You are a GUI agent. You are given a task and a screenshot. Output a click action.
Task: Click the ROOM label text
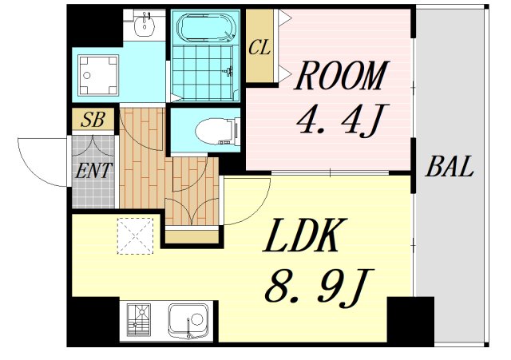pos(341,77)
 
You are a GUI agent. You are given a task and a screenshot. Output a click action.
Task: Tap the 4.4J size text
pos(340,120)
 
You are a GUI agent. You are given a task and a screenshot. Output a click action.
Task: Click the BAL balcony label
pos(450,168)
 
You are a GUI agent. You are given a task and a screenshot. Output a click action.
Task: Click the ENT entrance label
pos(94,170)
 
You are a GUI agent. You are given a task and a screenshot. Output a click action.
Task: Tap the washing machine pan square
pos(98,75)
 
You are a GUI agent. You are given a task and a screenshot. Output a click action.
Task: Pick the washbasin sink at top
pos(145,26)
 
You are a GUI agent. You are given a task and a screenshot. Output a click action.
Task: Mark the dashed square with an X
pos(133,235)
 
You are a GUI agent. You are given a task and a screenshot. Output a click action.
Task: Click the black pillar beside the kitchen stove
pos(93,322)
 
